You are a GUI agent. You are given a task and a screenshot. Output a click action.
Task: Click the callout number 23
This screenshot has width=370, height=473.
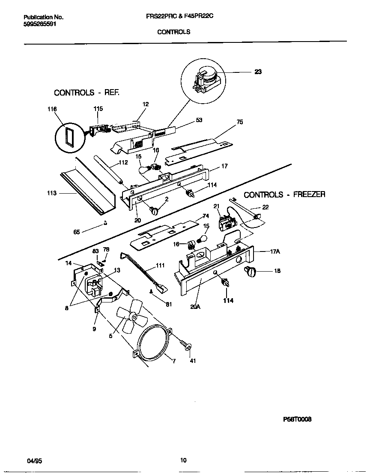click(258, 72)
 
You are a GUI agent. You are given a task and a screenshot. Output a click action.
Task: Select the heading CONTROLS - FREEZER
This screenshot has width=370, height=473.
click(284, 195)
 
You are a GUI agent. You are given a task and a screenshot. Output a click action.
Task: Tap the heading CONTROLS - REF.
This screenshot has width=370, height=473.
click(86, 93)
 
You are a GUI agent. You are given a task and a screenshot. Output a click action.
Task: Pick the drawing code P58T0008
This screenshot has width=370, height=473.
click(297, 419)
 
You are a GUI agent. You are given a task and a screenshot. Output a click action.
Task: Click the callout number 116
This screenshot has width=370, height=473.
click(52, 110)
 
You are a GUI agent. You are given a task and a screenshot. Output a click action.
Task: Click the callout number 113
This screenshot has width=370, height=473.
click(51, 193)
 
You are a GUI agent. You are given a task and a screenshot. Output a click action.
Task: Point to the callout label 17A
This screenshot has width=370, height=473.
click(275, 252)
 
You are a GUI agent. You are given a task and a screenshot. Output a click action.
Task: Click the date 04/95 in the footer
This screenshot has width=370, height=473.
click(34, 461)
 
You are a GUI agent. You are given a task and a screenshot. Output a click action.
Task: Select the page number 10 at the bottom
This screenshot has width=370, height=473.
click(183, 461)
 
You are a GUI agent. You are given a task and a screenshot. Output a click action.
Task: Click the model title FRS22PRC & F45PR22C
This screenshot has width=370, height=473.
click(179, 17)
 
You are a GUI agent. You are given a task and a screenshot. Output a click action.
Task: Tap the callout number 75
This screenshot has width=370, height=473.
click(239, 122)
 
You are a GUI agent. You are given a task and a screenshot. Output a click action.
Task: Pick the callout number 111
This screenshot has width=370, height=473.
click(160, 266)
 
